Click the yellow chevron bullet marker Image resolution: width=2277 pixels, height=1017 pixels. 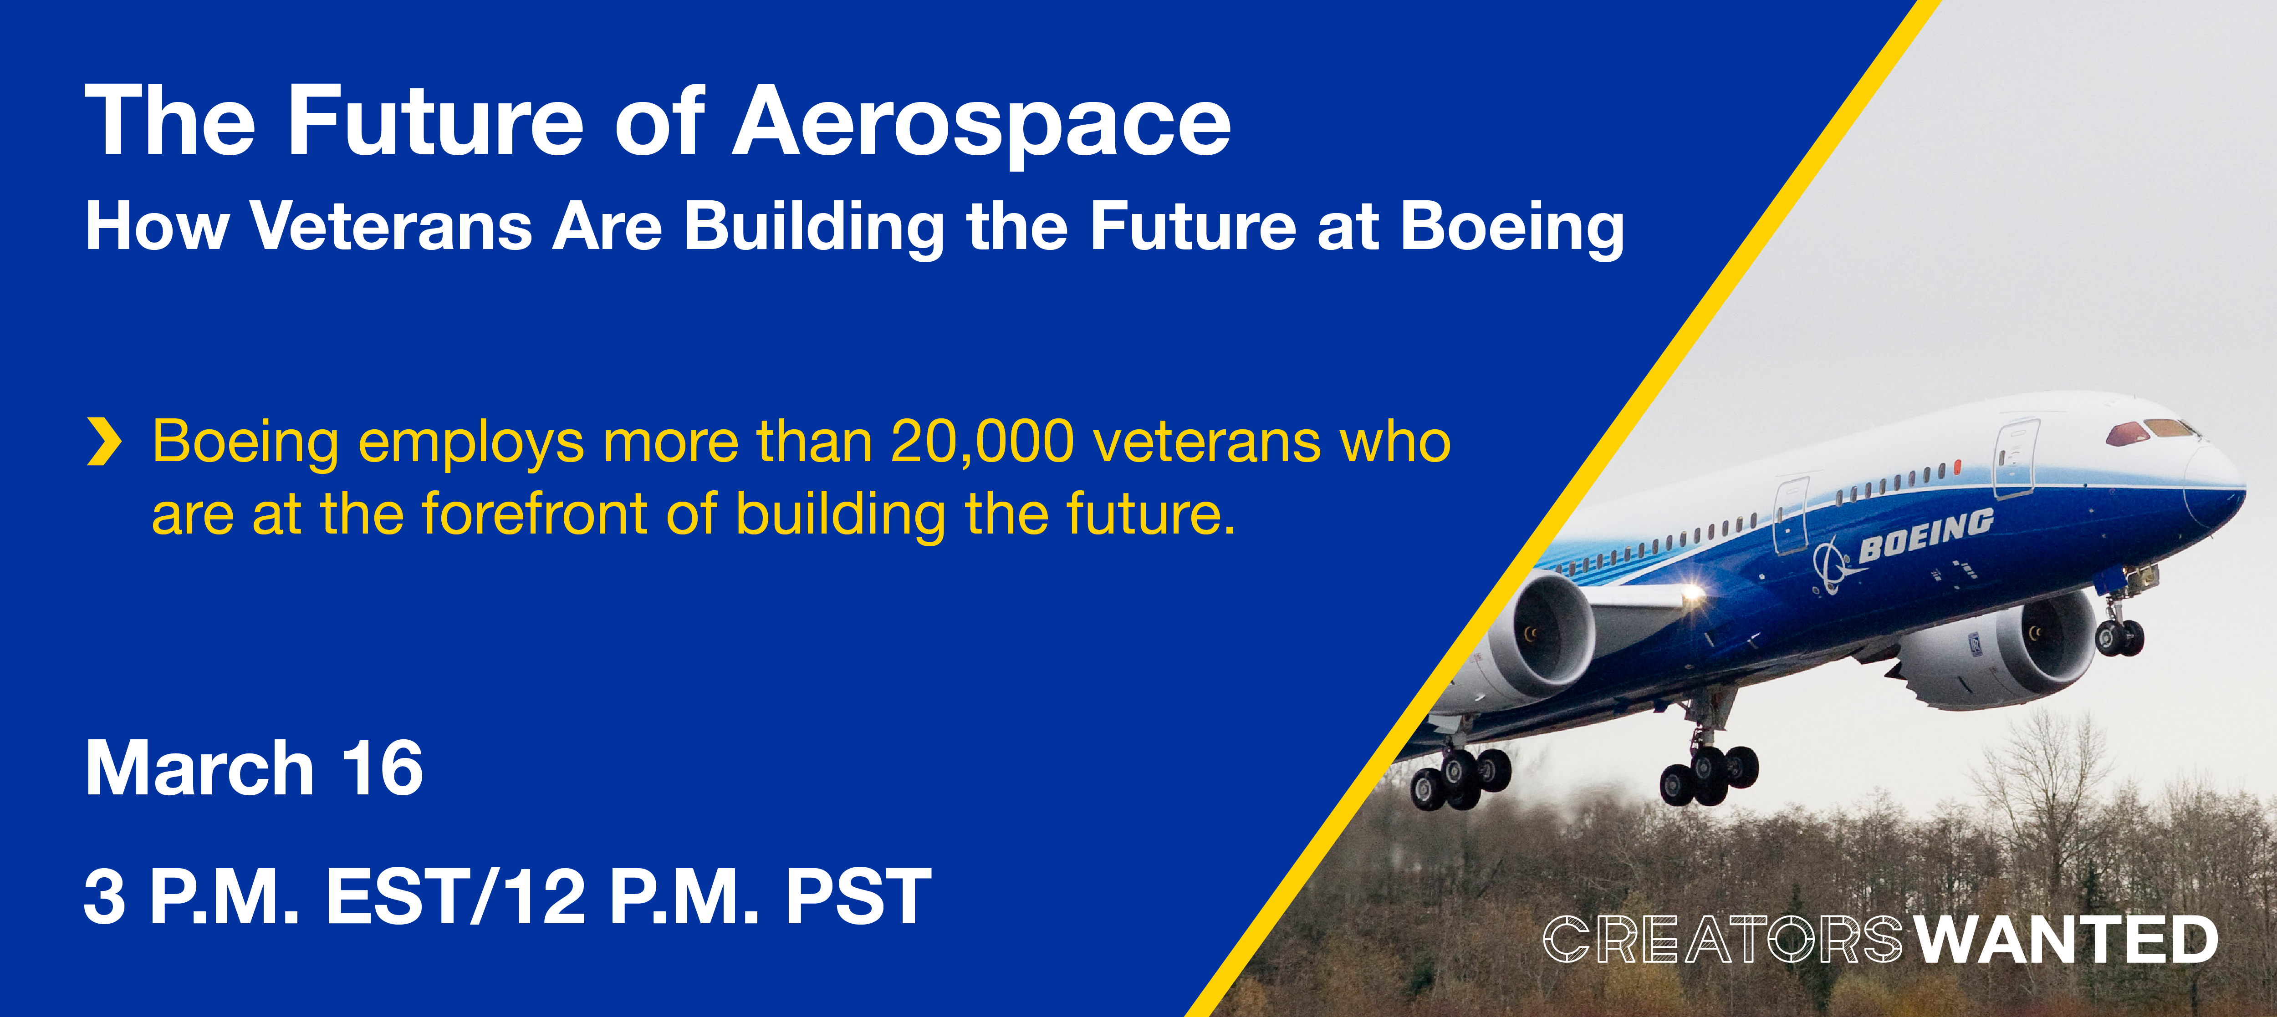click(x=104, y=442)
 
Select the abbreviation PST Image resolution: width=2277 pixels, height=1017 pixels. click(x=858, y=897)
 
